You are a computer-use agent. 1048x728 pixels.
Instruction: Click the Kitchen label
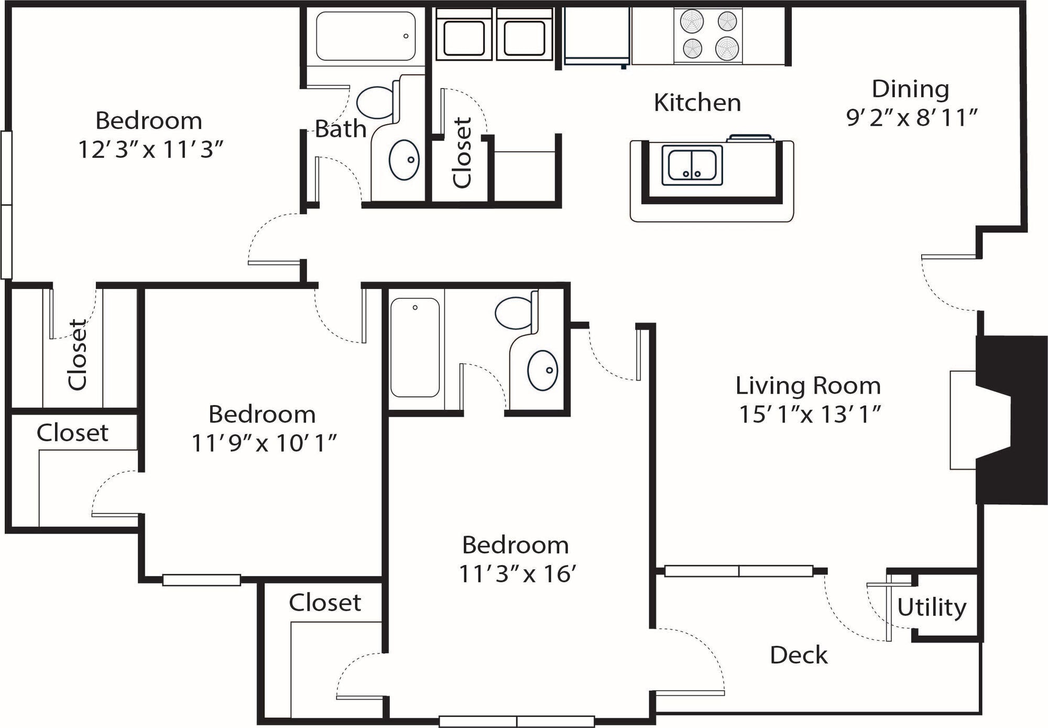697,102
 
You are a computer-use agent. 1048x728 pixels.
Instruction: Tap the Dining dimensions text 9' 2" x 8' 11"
912,118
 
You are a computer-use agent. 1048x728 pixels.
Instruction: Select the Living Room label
807,386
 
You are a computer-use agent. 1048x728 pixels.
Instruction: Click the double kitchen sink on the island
692,165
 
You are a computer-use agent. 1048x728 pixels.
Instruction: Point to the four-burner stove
708,35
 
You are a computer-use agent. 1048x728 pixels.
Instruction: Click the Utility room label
931,607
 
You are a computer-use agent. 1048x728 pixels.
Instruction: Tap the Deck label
798,655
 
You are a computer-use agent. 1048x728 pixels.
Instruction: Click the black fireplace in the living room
1009,419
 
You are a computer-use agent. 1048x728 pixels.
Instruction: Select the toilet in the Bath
376,102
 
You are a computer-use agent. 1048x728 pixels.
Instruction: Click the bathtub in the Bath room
366,36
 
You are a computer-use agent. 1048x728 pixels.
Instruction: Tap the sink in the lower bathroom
542,371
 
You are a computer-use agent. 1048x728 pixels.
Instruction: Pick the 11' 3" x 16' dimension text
517,573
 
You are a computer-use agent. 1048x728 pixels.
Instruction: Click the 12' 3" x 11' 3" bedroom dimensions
150,149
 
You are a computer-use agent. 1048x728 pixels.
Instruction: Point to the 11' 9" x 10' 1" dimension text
263,443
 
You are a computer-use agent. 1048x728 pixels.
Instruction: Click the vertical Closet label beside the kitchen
462,153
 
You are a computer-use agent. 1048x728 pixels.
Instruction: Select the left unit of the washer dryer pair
464,37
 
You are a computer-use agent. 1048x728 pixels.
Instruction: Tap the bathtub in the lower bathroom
415,347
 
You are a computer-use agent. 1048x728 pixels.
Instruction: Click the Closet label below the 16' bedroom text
324,603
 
